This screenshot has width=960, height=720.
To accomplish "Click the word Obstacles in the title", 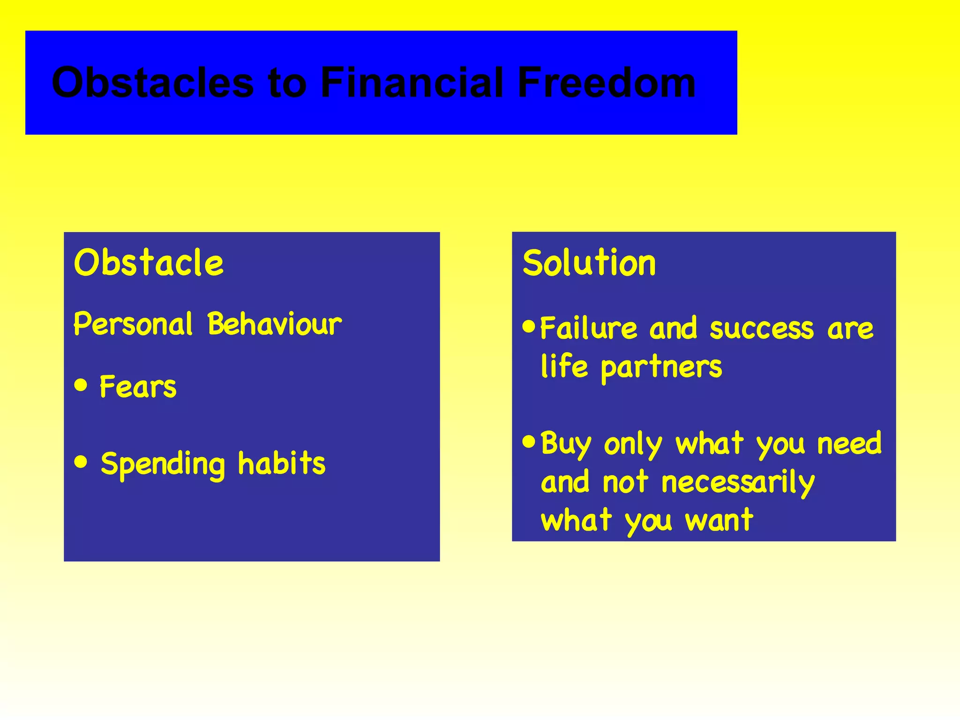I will tap(152, 82).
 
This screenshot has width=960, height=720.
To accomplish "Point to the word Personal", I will tap(133, 324).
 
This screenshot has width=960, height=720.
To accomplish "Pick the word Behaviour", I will tap(275, 324).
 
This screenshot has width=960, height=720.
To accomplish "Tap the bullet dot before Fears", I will tap(81, 385).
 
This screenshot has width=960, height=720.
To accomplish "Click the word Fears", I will tap(138, 387).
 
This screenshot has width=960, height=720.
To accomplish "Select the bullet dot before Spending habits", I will tap(81, 462).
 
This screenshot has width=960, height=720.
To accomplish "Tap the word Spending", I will tap(163, 464).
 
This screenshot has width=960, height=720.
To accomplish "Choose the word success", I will tap(762, 329).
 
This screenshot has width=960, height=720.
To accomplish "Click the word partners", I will tap(661, 367).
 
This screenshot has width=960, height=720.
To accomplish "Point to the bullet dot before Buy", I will tap(529, 441).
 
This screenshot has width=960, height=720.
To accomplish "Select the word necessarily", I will tap(738, 483).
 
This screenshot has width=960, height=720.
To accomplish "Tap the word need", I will tap(849, 443).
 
